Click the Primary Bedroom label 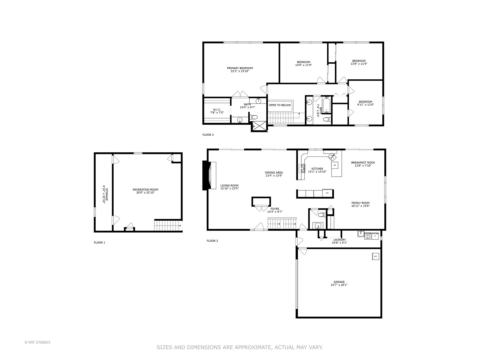tap(240, 68)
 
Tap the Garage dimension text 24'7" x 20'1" tap(339, 285)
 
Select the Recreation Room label tap(145, 190)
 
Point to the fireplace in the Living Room tap(209, 175)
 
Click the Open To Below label tap(280, 105)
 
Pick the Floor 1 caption tap(99, 243)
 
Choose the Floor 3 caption tap(208, 135)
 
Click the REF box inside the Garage tap(375, 256)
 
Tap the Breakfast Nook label tap(363, 163)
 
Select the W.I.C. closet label tap(217, 110)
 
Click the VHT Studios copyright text tap(37, 342)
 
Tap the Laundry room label tap(339, 240)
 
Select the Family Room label tap(360, 203)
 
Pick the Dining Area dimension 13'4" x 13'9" tap(274, 176)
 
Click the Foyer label tap(275, 209)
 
